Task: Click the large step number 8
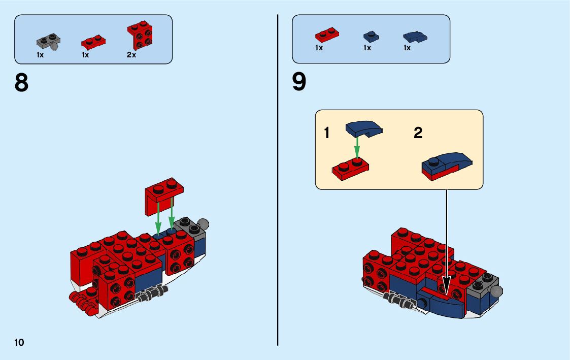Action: tap(22, 83)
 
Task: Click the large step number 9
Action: tap(299, 82)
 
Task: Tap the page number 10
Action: tap(19, 342)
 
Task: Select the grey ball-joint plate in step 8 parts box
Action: tap(49, 42)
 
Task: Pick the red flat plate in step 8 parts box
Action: tap(93, 40)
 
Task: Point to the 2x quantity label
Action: tap(131, 55)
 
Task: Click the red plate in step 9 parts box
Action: tap(327, 35)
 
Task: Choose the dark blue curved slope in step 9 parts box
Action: tap(415, 36)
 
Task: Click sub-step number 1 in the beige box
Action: tap(327, 134)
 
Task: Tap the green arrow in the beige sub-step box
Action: tap(357, 148)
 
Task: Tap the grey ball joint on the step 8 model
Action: tap(203, 223)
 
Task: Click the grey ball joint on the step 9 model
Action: tap(496, 291)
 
